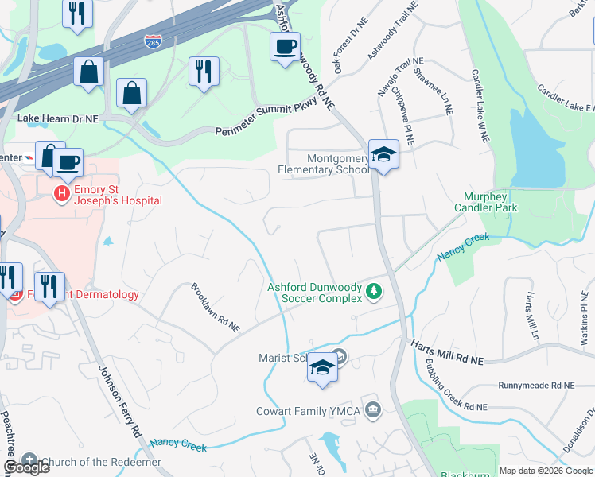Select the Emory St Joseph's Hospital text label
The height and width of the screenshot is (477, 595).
click(x=117, y=196)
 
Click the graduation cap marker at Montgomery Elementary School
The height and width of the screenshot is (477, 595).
click(x=383, y=155)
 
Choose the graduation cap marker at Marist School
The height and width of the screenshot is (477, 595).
click(x=322, y=368)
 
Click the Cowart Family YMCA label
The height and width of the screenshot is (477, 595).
click(x=309, y=411)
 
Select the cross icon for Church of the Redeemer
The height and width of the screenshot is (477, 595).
click(x=29, y=461)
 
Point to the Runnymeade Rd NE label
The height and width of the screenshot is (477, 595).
click(x=535, y=386)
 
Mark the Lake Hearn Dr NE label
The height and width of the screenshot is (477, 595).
click(x=57, y=118)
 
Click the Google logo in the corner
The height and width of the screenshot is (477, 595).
click(x=26, y=467)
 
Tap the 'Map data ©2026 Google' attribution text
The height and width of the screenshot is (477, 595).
click(x=546, y=471)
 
